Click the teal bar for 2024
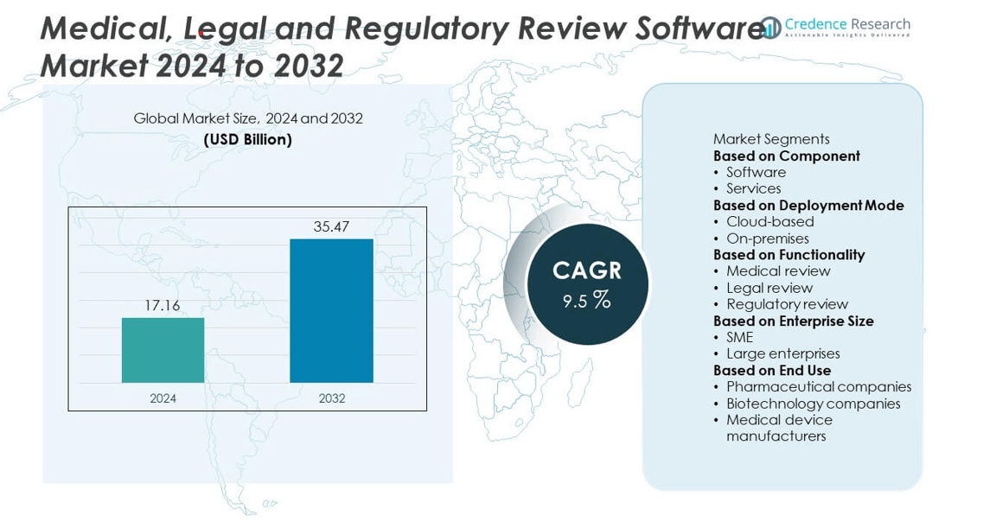(x=163, y=350)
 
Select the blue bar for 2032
(x=331, y=310)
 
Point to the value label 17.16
(x=163, y=305)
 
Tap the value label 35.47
(x=331, y=226)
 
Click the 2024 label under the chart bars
(x=163, y=398)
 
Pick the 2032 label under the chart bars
(x=331, y=398)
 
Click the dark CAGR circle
(x=587, y=283)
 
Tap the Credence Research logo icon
(x=770, y=28)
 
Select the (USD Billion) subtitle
(x=248, y=139)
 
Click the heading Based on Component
(x=786, y=156)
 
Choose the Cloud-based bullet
(x=769, y=221)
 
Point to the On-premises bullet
(x=767, y=239)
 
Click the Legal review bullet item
(x=769, y=288)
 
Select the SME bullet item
(x=739, y=337)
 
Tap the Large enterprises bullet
(x=782, y=353)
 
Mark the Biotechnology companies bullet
(x=813, y=404)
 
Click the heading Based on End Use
(x=771, y=371)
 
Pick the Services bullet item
(x=753, y=188)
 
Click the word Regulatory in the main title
(x=425, y=29)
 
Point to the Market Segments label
(x=770, y=139)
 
